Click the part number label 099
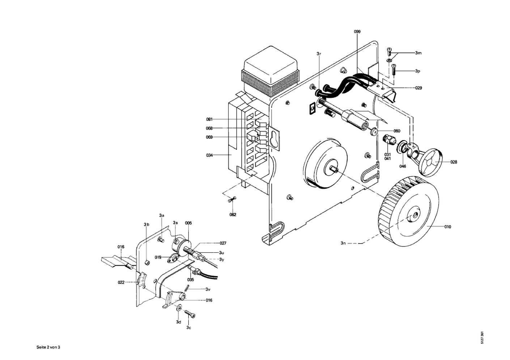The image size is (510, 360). tap(357, 32)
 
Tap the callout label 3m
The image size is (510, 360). tap(418, 53)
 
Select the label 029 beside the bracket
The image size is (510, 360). tap(418, 88)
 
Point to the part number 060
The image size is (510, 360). tap(397, 131)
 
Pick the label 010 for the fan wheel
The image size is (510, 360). tap(447, 227)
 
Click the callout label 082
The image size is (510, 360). tap(233, 215)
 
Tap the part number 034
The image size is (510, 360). tap(209, 155)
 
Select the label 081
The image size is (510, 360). tap(209, 119)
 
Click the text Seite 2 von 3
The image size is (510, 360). tap(48, 347)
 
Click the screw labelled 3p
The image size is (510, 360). tap(394, 70)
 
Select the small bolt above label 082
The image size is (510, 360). tap(232, 200)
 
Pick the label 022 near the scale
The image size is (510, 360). tap(121, 282)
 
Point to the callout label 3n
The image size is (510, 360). tap(343, 243)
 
